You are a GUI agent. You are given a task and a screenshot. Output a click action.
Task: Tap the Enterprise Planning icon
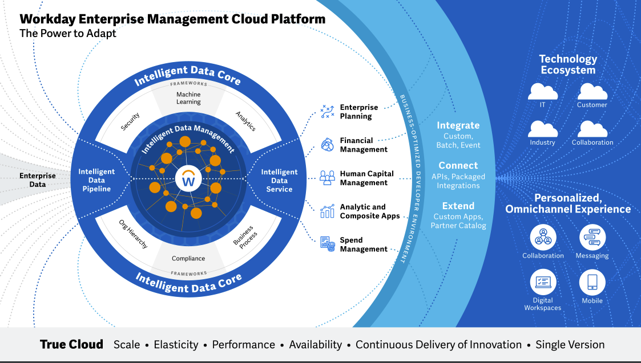[327, 111]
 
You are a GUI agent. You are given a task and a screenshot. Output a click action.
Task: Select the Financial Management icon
[327, 145]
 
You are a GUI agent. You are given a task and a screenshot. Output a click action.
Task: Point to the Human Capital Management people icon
[327, 178]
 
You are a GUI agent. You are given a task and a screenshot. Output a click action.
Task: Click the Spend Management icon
[327, 244]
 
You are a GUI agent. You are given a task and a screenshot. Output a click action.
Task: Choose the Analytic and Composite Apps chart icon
[327, 211]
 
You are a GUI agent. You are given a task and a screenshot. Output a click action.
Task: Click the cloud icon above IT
[542, 92]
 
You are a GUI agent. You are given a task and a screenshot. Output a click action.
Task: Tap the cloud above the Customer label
[592, 92]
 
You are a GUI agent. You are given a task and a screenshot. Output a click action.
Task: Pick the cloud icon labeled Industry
[542, 129]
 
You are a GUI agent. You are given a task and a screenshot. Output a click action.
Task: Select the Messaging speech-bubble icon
[592, 238]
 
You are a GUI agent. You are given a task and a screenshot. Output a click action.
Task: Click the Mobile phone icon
[592, 283]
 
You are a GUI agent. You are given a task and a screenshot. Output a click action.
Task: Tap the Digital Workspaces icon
[543, 283]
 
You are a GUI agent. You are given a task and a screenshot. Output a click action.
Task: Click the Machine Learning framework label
[188, 98]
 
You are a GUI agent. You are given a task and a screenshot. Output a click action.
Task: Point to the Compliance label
[188, 259]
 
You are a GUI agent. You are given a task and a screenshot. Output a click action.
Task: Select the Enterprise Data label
[38, 180]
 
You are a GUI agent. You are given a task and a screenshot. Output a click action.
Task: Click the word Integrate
[458, 125]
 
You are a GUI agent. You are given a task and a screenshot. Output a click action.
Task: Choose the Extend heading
[458, 206]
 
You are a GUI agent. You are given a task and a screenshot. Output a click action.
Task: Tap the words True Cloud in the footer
[71, 344]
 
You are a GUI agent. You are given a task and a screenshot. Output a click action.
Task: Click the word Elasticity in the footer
[176, 345]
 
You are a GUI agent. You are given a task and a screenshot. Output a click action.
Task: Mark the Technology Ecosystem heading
[567, 64]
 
